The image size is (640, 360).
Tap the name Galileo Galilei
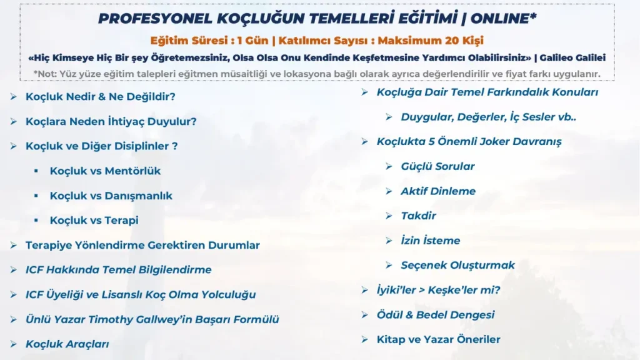coord(572,57)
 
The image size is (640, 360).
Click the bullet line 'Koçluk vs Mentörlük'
coord(105,171)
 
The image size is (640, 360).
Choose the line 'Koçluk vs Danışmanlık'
coord(111,196)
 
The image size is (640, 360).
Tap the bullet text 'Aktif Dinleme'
coord(438,191)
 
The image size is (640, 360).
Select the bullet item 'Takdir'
coord(418,216)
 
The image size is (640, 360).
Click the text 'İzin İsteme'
coord(430,240)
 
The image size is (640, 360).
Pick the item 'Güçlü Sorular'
coord(437,166)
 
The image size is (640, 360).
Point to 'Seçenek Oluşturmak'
coord(457,265)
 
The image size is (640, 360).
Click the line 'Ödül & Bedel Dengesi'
coord(436,315)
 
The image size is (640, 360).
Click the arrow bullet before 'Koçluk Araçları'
coord(14,344)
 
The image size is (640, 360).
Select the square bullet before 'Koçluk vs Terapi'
coord(36,221)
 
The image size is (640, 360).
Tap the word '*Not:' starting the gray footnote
coord(45,74)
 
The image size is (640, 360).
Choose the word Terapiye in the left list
coord(48,245)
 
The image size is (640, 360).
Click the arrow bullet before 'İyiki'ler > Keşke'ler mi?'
coord(364,290)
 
